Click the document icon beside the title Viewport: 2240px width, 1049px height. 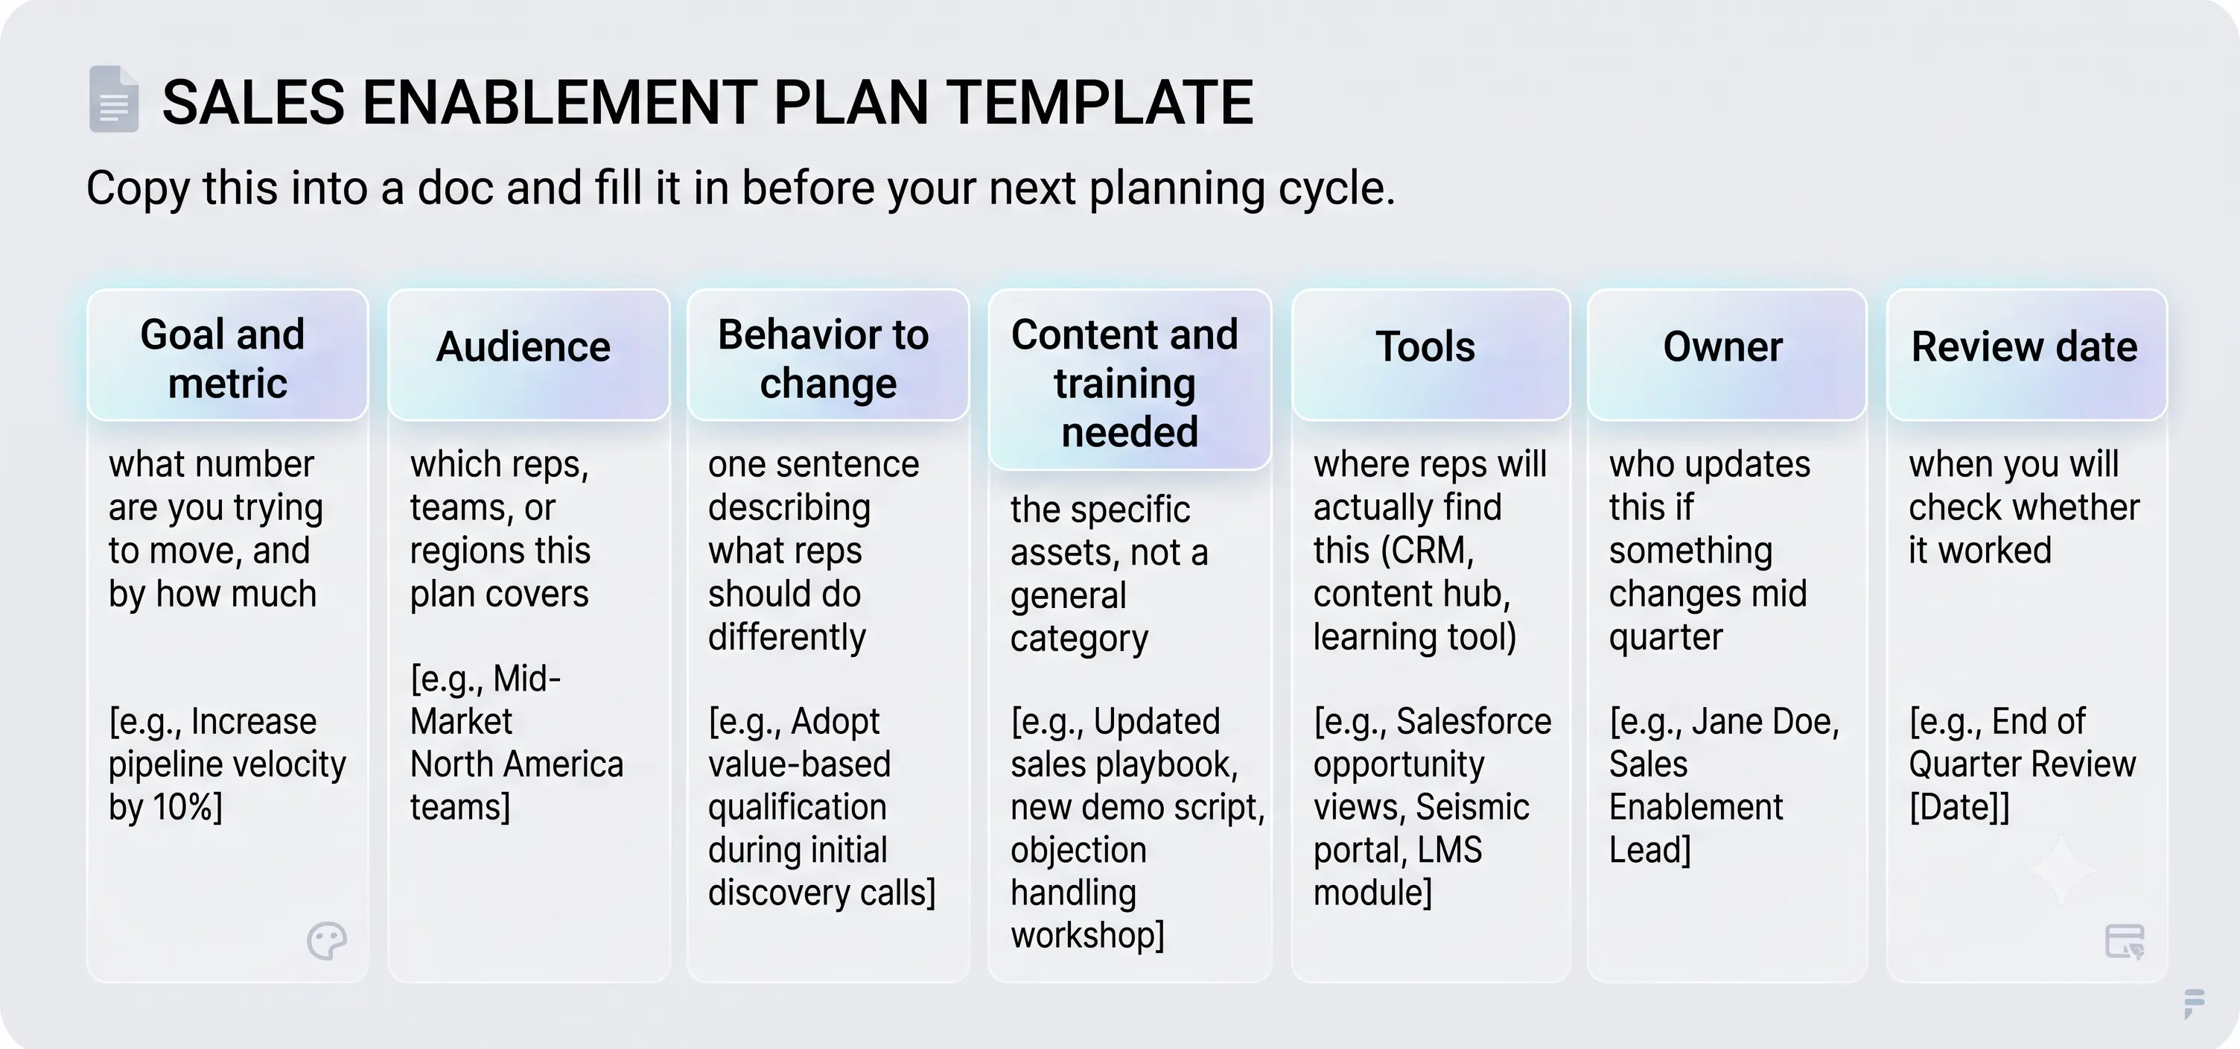point(114,99)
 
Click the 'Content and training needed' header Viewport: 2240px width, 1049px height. point(1130,379)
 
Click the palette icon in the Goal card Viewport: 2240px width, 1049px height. point(327,940)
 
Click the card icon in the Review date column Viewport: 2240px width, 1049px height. point(2125,941)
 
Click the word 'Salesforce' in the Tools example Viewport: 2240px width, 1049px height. point(1474,721)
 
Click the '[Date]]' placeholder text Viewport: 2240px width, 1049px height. point(1959,807)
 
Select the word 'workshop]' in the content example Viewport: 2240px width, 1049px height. point(1087,936)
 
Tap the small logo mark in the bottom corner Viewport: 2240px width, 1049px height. point(2194,1002)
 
